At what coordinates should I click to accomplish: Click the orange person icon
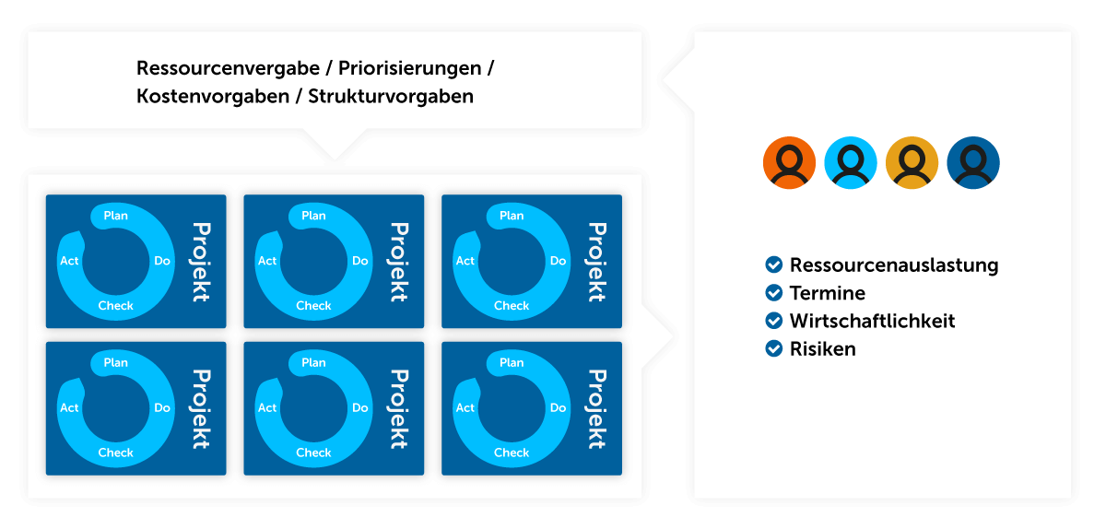789,162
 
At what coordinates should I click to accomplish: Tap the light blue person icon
850,162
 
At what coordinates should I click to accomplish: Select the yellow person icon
912,162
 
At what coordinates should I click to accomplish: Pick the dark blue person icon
973,162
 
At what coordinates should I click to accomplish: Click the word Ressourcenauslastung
894,265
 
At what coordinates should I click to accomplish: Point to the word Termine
828,293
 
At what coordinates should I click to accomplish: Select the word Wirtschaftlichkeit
873,321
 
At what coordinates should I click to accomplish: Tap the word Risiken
822,348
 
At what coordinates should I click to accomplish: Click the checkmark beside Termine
773,293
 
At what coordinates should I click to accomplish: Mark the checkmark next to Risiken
773,348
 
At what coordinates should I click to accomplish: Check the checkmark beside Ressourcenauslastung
773,264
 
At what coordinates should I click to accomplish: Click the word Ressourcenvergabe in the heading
229,68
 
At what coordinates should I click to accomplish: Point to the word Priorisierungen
410,68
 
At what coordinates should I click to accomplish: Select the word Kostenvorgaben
213,97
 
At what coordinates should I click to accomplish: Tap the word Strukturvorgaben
391,97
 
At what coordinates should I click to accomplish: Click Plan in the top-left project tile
115,216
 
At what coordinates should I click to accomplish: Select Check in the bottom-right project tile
512,453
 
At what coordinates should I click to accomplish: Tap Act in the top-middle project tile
267,261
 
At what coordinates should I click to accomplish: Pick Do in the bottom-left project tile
162,408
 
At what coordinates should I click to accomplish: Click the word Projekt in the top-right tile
597,262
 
